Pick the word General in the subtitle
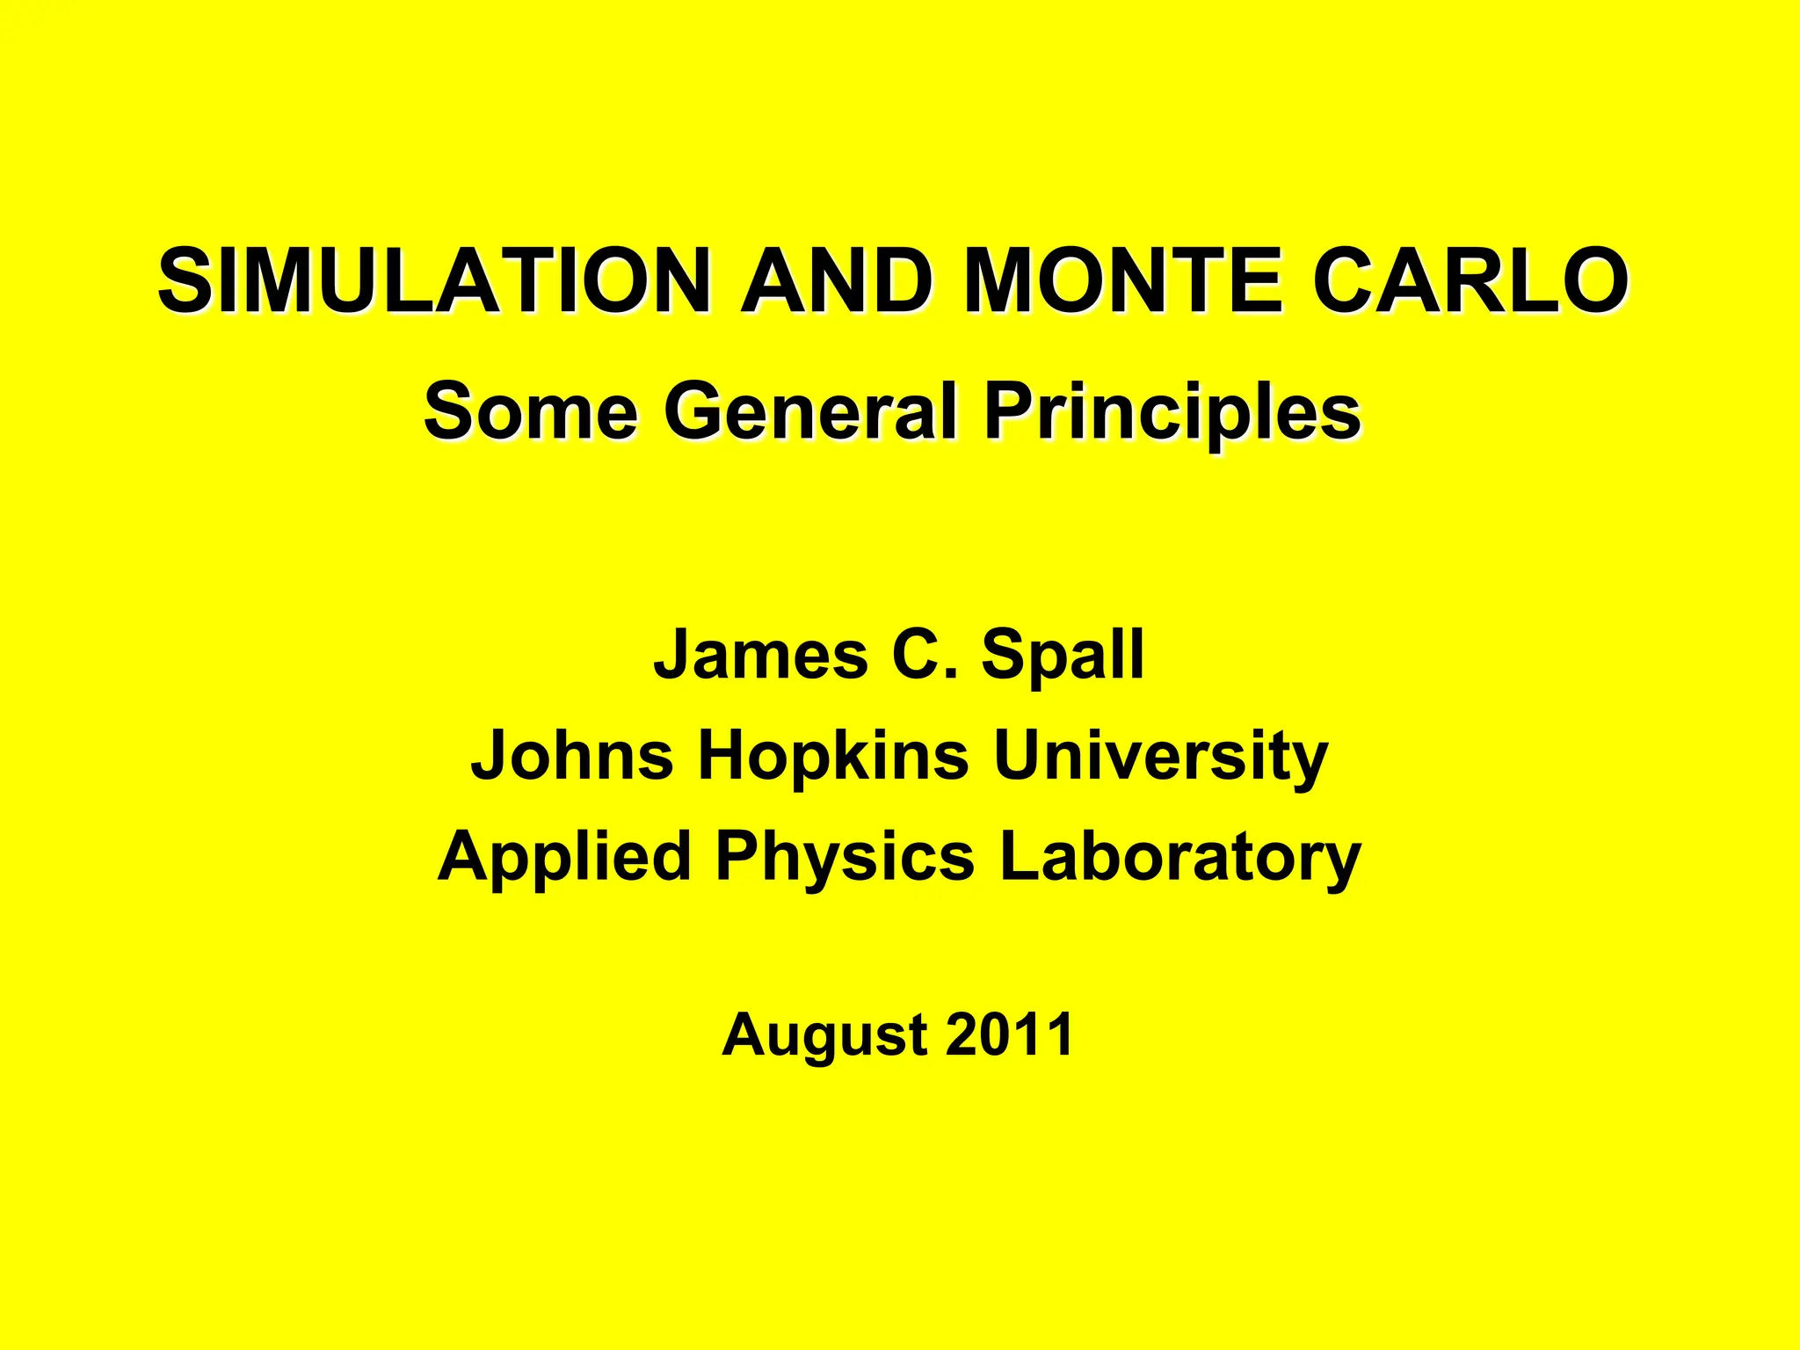809,411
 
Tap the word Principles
1172,411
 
